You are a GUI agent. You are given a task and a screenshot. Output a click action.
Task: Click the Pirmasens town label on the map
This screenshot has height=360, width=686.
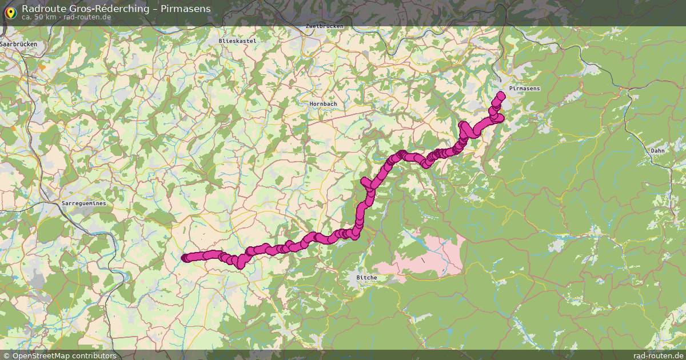point(524,89)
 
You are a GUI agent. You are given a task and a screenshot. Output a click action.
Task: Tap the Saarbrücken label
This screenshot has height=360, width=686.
point(19,44)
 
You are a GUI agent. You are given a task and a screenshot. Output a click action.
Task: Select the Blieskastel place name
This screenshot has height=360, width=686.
point(237,41)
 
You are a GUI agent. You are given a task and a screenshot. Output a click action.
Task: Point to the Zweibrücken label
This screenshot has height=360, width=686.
point(324,26)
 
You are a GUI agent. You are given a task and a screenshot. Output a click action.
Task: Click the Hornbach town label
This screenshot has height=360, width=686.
point(323,103)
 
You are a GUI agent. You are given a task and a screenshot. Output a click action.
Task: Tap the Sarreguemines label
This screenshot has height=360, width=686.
point(83,203)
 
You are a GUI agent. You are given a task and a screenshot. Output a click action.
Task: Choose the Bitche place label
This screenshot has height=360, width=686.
point(366,278)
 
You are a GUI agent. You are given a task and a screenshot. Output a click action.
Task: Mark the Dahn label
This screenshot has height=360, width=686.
point(657,151)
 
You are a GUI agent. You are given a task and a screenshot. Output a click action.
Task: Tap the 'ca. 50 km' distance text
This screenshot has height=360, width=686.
point(39,17)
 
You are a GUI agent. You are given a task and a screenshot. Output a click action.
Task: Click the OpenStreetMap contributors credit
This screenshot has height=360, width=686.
point(63,355)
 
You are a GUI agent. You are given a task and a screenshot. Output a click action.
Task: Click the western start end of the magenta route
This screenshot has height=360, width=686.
point(185,258)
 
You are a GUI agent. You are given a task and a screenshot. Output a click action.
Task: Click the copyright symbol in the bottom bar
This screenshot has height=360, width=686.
point(6,355)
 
